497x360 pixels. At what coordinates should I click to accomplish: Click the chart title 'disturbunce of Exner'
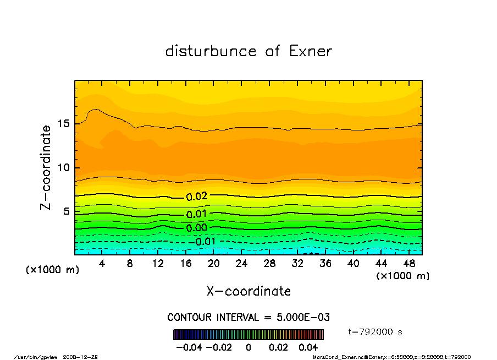[248, 51]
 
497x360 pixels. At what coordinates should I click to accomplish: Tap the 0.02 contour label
[196, 197]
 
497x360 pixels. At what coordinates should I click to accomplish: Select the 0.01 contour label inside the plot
[196, 214]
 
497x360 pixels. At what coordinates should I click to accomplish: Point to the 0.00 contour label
[196, 227]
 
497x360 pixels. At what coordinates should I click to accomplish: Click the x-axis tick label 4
[102, 264]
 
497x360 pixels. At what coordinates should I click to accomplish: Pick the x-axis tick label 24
[241, 264]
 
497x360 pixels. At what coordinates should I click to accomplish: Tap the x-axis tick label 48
[409, 264]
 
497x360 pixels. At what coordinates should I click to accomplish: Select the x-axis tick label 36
[325, 264]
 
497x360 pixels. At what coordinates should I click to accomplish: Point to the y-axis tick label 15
[64, 123]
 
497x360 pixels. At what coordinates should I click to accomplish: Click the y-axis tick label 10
[64, 167]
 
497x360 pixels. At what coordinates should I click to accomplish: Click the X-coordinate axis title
[248, 291]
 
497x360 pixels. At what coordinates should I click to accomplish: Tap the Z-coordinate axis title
[46, 167]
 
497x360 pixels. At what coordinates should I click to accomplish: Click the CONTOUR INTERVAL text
[248, 318]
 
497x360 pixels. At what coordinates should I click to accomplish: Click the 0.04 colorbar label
[308, 347]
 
